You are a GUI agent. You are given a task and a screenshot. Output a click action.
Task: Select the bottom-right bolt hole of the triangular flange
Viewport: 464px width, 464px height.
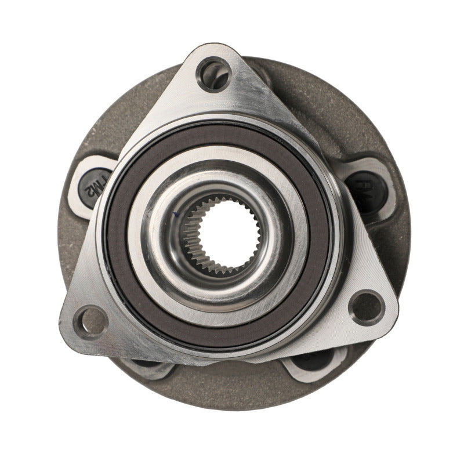click(367, 307)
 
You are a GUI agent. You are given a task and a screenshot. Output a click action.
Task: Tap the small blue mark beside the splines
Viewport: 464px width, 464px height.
click(175, 215)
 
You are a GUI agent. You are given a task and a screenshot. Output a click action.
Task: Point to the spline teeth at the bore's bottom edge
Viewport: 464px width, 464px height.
click(223, 268)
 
